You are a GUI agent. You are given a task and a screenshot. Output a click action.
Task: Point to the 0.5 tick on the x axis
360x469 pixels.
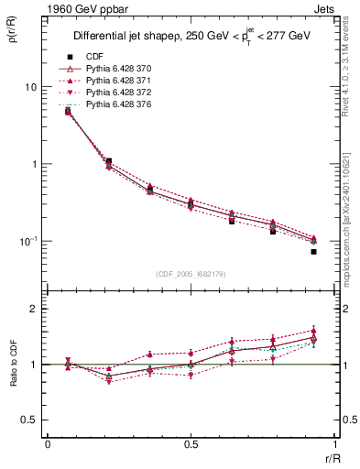pos(191,443)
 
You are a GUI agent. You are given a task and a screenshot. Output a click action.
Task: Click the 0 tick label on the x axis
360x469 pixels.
pos(48,443)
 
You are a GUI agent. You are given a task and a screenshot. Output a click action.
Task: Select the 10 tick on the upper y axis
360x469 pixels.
pos(30,87)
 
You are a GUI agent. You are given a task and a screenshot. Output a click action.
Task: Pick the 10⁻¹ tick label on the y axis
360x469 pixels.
pos(28,241)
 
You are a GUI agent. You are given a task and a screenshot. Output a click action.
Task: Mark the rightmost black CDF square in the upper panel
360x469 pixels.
pos(313,251)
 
